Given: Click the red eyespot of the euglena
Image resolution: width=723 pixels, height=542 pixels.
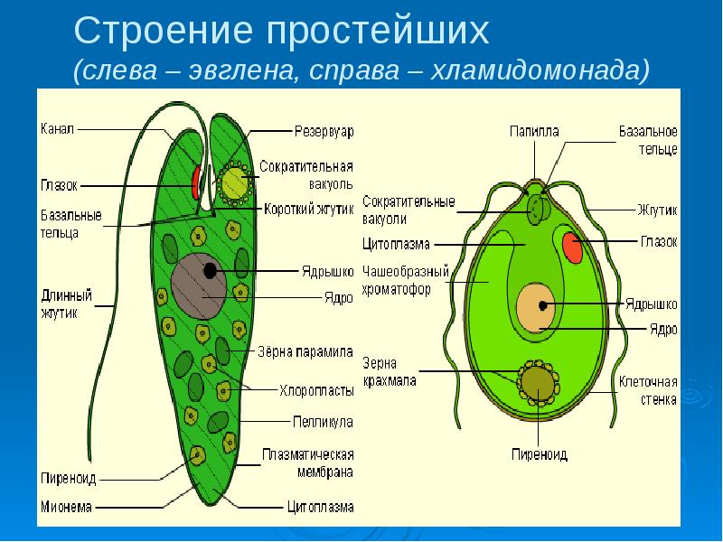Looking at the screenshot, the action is coord(196,182).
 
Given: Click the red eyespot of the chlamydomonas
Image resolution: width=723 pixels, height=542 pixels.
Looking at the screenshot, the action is coord(573,248).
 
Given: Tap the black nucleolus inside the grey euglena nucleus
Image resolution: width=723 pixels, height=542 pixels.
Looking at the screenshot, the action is coord(210,270).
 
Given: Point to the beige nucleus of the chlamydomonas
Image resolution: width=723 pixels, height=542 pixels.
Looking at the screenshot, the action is coord(536,307).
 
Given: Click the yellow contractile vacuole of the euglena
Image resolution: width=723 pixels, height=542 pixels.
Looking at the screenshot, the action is coord(235,183).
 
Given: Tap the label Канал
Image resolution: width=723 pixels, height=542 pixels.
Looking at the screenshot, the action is coord(57,129).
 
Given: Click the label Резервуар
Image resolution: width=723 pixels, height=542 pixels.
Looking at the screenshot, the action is coord(324,132).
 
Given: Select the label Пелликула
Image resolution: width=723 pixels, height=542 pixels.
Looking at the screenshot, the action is coord(323,422).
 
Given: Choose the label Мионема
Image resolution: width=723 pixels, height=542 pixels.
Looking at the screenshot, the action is coord(66,507).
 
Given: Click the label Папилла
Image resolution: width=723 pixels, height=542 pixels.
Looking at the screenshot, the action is coord(534,132).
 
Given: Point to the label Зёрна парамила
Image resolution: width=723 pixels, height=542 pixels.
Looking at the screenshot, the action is coord(305,351).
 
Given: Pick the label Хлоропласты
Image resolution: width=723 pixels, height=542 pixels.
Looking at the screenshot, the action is coord(317,391).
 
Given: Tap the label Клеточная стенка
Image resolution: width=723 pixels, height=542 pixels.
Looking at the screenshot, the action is coord(648,390).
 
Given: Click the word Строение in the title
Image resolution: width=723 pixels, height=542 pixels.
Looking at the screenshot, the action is coord(164,31).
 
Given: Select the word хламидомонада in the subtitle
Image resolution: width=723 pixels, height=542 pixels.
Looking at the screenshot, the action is coord(540,70).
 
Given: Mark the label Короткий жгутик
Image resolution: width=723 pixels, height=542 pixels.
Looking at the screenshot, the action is coord(309,210).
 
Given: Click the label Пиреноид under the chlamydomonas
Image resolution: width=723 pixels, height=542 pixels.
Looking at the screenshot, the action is coord(540,455).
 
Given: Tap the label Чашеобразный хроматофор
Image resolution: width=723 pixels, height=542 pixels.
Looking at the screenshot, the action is coord(406,280).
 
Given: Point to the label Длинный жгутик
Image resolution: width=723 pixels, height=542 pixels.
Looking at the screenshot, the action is coord(66,304).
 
